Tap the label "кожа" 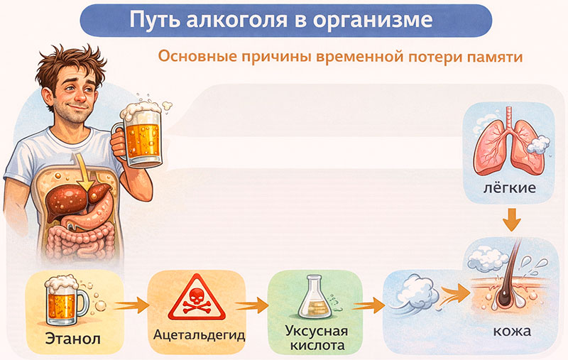512,332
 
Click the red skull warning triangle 196,301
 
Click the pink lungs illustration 508,146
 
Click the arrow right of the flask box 364,306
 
